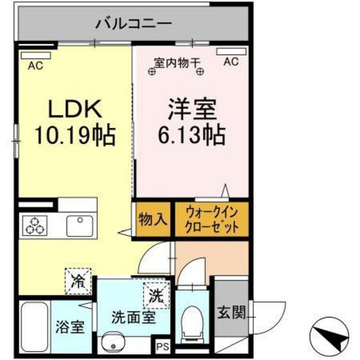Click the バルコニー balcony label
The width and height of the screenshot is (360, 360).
134,24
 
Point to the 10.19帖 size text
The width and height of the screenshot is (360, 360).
74,136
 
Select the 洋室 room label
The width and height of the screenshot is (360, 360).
192,107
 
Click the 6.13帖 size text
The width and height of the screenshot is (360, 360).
192,134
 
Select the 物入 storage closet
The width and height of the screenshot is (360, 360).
152,219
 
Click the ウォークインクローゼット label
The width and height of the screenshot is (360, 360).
212,219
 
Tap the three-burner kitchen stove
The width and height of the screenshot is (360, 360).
37,225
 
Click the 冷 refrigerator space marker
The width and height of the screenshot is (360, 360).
78,280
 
